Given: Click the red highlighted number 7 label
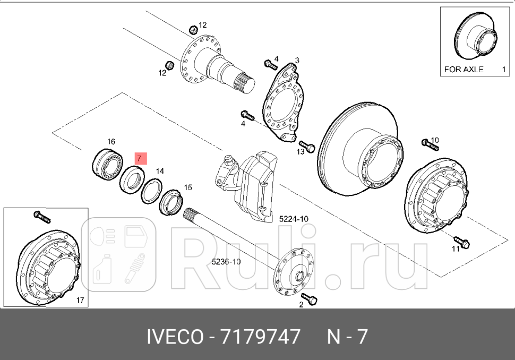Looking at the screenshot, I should pyautogui.click(x=139, y=158).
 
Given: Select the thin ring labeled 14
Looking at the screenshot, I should pyautogui.click(x=151, y=190).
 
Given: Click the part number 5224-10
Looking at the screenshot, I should pyautogui.click(x=294, y=219).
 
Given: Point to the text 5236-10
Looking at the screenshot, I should pyautogui.click(x=226, y=261).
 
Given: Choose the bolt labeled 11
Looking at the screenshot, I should pyautogui.click(x=461, y=242).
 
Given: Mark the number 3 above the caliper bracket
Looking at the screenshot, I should pyautogui.click(x=297, y=60).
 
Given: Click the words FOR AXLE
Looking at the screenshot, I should pyautogui.click(x=463, y=70).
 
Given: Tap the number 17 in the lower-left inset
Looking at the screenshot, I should pyautogui.click(x=80, y=301).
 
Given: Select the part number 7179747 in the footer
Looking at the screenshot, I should pyautogui.click(x=257, y=337).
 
